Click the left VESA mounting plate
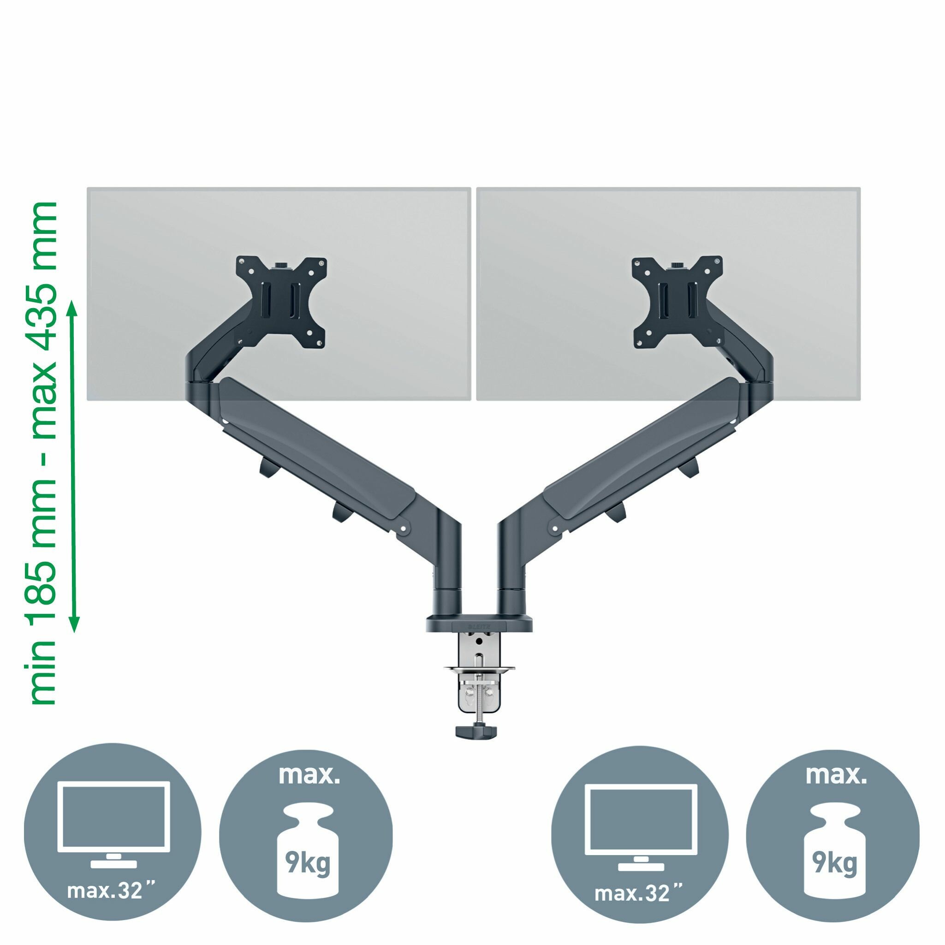click(x=281, y=302)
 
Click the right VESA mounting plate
click(x=678, y=303)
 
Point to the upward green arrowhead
click(x=73, y=310)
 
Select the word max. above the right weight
click(x=835, y=776)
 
